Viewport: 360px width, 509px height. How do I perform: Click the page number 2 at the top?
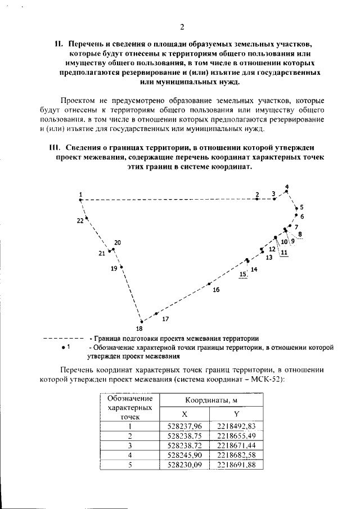[182, 26]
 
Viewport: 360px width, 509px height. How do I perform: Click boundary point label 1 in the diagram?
[81, 193]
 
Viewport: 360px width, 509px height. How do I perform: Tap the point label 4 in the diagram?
[286, 186]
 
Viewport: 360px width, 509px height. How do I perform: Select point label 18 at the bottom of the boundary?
[139, 328]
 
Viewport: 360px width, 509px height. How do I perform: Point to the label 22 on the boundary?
[80, 220]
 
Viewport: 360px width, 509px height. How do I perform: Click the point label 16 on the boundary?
[216, 290]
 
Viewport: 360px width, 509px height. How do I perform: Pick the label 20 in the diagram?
[118, 243]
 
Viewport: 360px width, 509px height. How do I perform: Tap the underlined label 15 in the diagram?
[243, 274]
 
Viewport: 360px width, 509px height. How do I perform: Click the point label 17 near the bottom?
[165, 319]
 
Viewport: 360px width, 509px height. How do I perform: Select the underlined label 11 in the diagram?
[284, 253]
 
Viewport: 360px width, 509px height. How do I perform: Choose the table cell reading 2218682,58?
[236, 454]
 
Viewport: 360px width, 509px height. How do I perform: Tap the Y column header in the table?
[236, 413]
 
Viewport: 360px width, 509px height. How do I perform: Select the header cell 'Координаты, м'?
[210, 400]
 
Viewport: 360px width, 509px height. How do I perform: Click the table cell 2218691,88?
[236, 465]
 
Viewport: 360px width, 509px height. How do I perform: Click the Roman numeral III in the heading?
[55, 148]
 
